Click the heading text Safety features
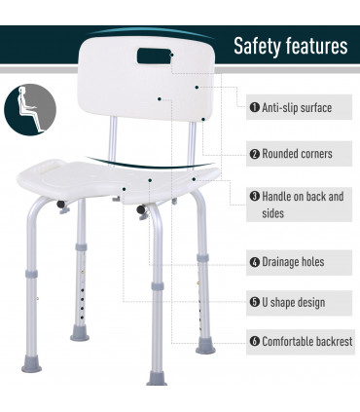click(x=290, y=47)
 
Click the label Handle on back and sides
click(x=301, y=205)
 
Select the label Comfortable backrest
click(x=306, y=342)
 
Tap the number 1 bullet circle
click(x=254, y=108)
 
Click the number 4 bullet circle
click(x=254, y=262)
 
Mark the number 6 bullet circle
click(x=254, y=342)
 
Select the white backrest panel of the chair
click(x=156, y=88)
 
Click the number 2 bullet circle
click(x=254, y=154)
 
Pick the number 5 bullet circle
click(x=254, y=302)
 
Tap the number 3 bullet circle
click(x=254, y=196)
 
